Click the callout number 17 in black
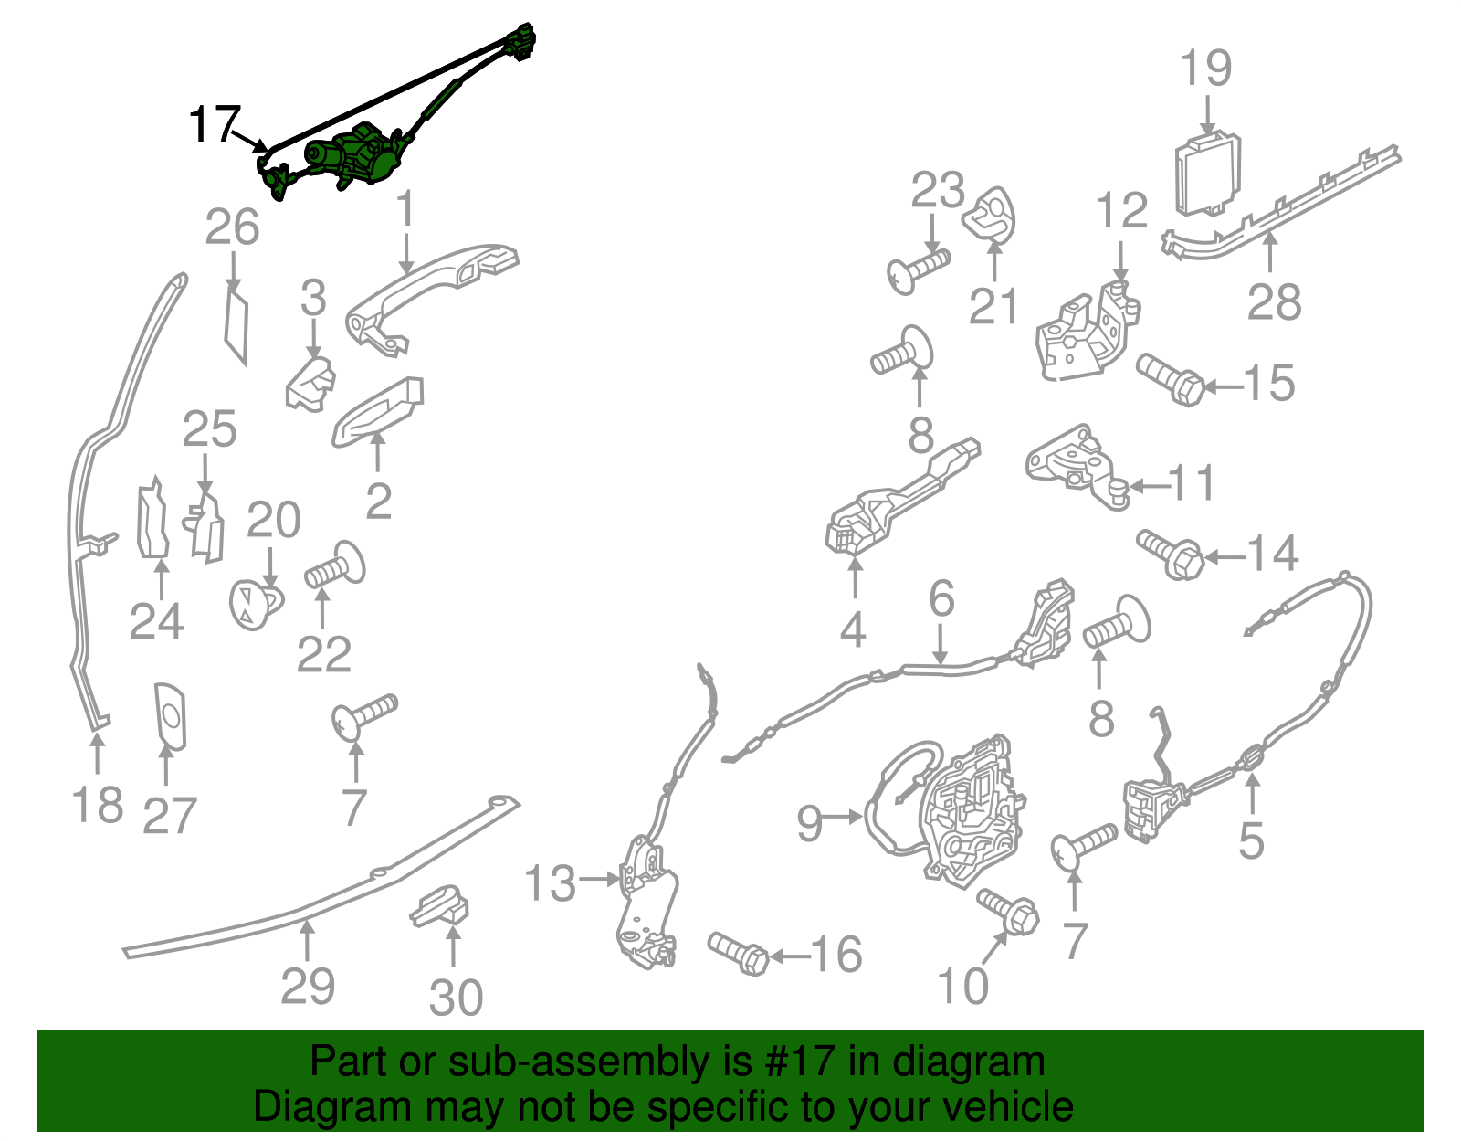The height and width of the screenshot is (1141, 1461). tap(214, 124)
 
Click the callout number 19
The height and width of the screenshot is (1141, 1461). tap(1207, 68)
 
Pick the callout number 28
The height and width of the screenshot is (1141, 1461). tap(1274, 301)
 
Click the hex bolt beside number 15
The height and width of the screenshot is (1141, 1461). tap(1171, 379)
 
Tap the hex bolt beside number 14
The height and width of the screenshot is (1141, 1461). tap(1171, 554)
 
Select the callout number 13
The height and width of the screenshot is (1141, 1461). tap(550, 882)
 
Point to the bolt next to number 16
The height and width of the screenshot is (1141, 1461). tap(738, 954)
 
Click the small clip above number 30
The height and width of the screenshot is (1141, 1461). tap(440, 905)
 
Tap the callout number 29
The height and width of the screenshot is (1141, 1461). tap(307, 987)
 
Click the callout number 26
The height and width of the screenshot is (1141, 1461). tap(232, 227)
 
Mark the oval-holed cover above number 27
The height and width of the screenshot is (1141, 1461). tap(170, 717)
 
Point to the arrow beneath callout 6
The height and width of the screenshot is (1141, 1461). tap(940, 646)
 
